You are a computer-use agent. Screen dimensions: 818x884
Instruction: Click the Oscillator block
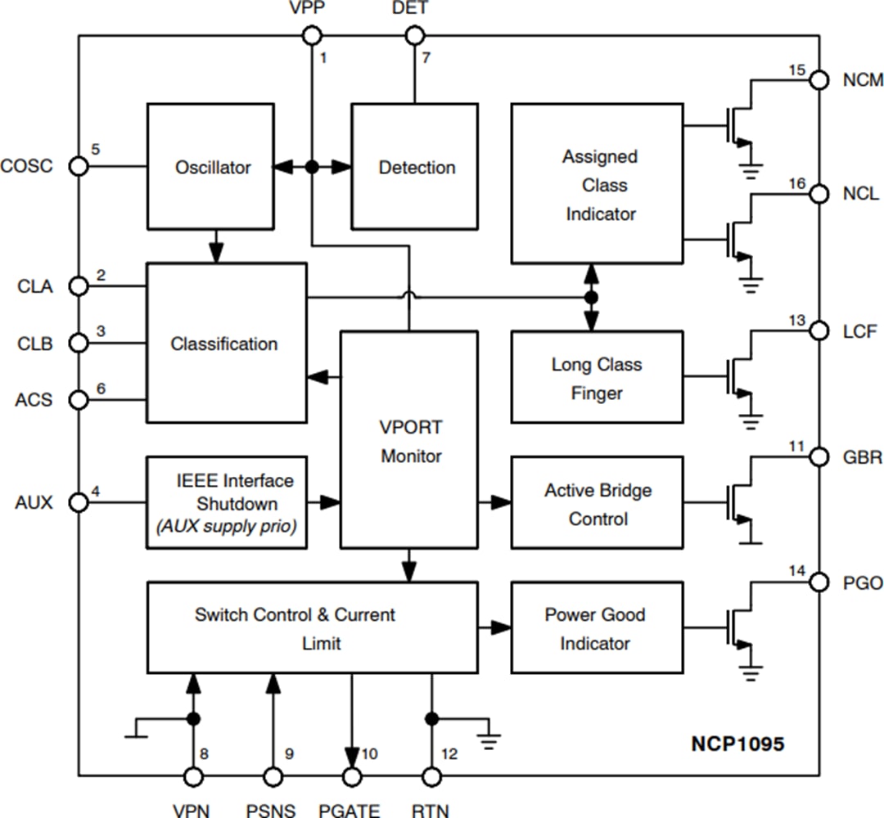tap(213, 167)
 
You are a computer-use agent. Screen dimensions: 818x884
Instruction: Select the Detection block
tap(415, 167)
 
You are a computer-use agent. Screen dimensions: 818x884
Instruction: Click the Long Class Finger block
tap(597, 377)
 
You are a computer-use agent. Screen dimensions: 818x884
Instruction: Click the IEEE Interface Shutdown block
tap(227, 502)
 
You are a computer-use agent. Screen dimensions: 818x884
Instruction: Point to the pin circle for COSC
tap(79, 166)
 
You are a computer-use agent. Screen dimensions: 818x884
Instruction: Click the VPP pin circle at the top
tap(311, 35)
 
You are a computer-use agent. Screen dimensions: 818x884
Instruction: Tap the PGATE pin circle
tap(352, 775)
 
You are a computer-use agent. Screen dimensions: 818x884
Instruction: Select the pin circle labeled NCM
tap(819, 79)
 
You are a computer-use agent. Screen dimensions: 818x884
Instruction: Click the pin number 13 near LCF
tap(796, 320)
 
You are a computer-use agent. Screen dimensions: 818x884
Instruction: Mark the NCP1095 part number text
tap(736, 744)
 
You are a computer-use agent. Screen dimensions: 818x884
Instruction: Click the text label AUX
tap(34, 502)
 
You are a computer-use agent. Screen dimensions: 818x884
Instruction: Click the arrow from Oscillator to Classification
tap(216, 246)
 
